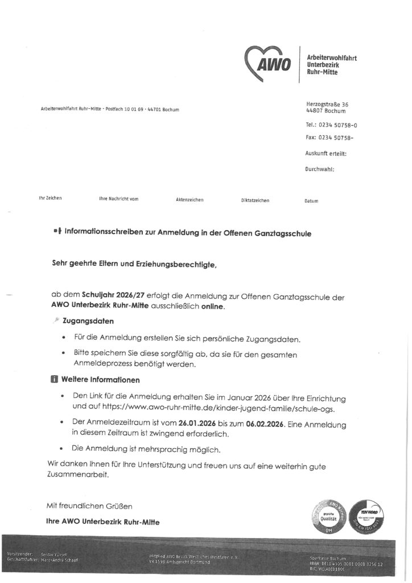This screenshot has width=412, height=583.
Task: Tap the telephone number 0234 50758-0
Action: tap(339, 125)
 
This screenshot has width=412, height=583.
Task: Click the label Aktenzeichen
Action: tap(189, 200)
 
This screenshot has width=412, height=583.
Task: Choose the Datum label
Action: tap(311, 201)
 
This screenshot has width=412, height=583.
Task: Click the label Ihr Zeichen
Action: tap(50, 198)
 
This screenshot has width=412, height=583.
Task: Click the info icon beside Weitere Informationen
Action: tap(53, 379)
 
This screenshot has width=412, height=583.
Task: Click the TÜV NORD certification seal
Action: tap(369, 516)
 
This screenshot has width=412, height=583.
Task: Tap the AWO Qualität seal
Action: tap(326, 516)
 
